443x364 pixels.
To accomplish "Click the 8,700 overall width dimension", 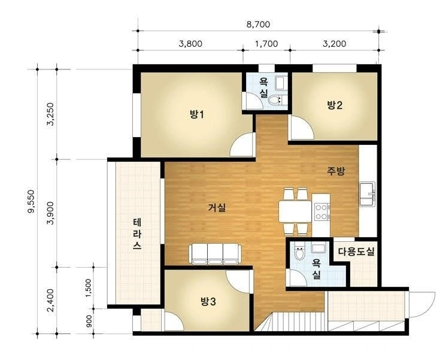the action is [258, 25].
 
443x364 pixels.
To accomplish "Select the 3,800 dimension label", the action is [190, 44].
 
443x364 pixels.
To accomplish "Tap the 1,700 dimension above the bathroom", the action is [266, 44].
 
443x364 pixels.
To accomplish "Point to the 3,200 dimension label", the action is [334, 44].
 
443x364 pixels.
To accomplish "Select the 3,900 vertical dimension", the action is [50, 213].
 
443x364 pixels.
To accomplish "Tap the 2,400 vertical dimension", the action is [50, 300].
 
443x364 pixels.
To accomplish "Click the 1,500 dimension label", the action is [89, 288].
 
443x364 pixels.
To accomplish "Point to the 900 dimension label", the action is [89, 321].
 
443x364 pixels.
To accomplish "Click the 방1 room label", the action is [196, 114].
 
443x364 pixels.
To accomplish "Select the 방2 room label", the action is [335, 105].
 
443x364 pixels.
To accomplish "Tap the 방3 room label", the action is [208, 302].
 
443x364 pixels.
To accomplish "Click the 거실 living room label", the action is [217, 208].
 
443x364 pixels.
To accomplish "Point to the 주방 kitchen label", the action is [336, 171].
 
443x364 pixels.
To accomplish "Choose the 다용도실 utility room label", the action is [356, 251].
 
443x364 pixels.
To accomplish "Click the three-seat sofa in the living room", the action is [216, 254].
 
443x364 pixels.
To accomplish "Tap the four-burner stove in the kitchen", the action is [322, 212].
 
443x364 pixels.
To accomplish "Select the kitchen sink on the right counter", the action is [368, 194].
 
